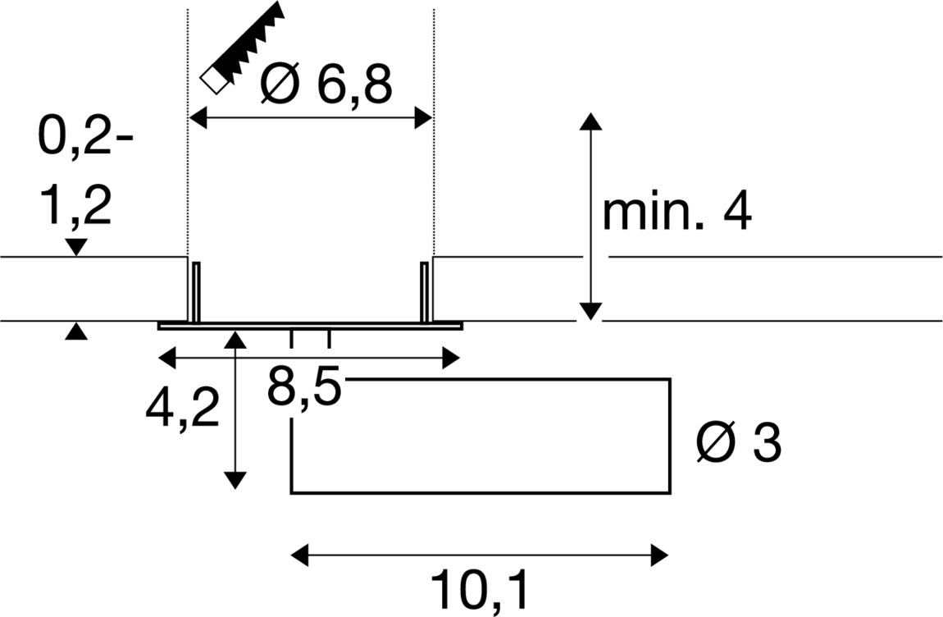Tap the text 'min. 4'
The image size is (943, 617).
(x=676, y=213)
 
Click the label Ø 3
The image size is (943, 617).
(x=738, y=445)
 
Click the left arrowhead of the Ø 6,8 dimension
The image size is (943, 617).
(x=197, y=119)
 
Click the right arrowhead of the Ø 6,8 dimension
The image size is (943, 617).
(x=424, y=119)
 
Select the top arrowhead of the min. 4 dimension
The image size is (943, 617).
(x=590, y=121)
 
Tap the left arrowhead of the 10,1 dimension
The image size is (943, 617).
(x=300, y=555)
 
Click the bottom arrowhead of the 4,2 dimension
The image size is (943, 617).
(x=235, y=481)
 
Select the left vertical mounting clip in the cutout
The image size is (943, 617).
(x=196, y=292)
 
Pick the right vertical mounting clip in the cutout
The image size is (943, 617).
(x=425, y=292)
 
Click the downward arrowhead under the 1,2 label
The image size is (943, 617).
(x=76, y=247)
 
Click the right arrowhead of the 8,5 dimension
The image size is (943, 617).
(x=451, y=358)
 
